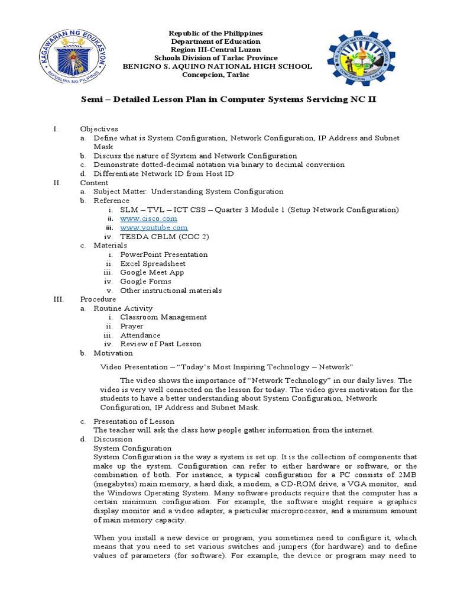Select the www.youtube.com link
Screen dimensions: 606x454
[154, 227]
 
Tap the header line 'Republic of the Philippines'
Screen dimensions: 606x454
[216, 33]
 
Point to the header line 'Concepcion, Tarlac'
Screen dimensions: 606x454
[216, 75]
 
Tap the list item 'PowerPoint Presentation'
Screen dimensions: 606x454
[164, 254]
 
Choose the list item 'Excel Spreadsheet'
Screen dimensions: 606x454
[153, 263]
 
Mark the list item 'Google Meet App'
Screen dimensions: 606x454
[152, 272]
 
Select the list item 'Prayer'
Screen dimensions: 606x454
[132, 326]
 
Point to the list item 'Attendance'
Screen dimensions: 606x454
[140, 335]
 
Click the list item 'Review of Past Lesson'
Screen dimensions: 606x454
[160, 344]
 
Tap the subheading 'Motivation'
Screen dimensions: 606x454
[113, 353]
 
